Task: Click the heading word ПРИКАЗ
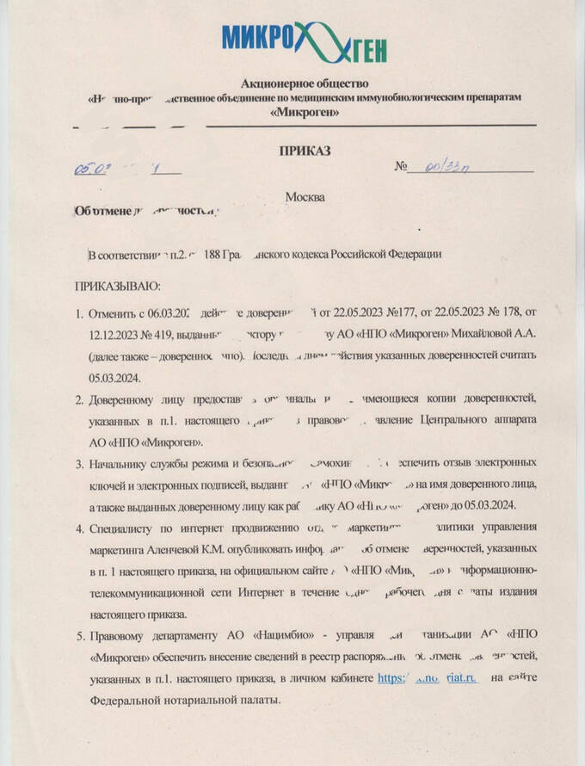pos(305,151)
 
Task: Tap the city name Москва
pos(305,197)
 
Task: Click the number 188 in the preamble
pos(207,256)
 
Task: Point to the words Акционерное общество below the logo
pos(305,83)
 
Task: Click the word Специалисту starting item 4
pos(125,526)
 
